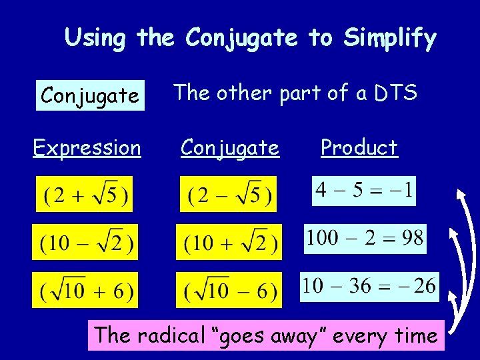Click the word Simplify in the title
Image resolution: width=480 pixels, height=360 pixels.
click(x=389, y=39)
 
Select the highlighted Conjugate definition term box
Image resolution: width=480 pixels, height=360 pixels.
click(x=90, y=96)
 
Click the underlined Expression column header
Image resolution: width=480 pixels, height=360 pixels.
click(x=87, y=147)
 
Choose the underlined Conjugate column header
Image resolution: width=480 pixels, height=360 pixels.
click(x=230, y=147)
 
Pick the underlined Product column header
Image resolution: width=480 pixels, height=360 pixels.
click(x=359, y=147)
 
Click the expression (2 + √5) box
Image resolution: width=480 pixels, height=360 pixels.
click(x=85, y=194)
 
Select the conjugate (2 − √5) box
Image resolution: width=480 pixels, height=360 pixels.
click(x=228, y=194)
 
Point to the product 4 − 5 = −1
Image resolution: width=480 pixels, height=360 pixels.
click(x=365, y=191)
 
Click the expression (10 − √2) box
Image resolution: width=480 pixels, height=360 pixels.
click(x=85, y=241)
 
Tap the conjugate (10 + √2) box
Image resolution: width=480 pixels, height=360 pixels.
click(x=229, y=241)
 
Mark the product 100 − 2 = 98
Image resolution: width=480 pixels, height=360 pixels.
click(x=365, y=239)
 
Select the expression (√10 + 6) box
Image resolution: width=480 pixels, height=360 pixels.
click(x=85, y=290)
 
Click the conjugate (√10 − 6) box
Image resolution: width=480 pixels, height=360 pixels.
click(x=229, y=290)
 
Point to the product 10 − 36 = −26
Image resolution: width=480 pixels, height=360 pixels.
click(x=369, y=287)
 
